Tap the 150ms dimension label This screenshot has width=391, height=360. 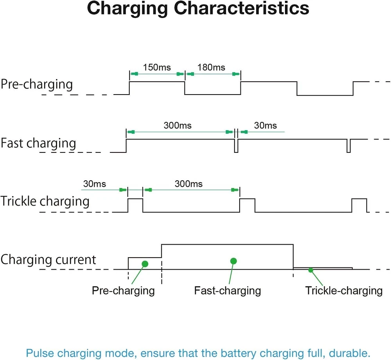pyautogui.click(x=157, y=67)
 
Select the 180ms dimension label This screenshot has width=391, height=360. pyautogui.click(x=211, y=67)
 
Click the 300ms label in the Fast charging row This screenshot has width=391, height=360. pyautogui.click(x=178, y=125)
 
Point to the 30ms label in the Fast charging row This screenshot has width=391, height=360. pyautogui.click(x=265, y=125)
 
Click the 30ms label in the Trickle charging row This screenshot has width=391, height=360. pyautogui.click(x=94, y=183)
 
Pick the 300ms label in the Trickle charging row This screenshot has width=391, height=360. pyautogui.click(x=188, y=183)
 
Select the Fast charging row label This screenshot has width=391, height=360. pyautogui.click(x=38, y=143)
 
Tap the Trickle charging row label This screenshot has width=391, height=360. pyautogui.click(x=45, y=201)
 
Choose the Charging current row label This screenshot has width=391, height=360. pyautogui.click(x=48, y=260)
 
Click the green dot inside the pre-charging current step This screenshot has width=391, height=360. pyautogui.click(x=145, y=264)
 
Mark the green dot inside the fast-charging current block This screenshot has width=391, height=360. pyautogui.click(x=233, y=261)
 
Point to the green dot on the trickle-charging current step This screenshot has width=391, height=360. pyautogui.click(x=310, y=270)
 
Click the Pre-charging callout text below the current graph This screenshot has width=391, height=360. pyautogui.click(x=123, y=290)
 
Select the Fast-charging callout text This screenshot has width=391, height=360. pyautogui.click(x=227, y=290)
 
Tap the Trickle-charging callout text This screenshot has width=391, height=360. pyautogui.click(x=344, y=290)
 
